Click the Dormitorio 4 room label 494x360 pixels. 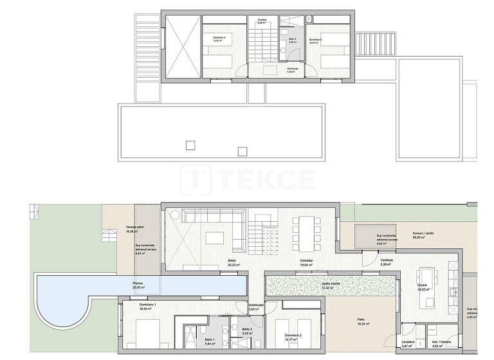(x=220, y=38)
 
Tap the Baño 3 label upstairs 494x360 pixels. (x=293, y=40)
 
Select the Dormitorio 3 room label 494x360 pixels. (x=315, y=40)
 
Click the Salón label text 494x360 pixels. (x=232, y=261)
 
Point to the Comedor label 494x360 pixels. (x=306, y=261)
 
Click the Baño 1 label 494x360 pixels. (x=210, y=339)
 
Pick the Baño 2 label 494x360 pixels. (x=246, y=328)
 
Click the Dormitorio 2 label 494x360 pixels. (x=293, y=336)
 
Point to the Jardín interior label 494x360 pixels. (x=331, y=283)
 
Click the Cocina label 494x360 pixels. (x=422, y=285)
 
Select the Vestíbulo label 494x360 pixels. (x=386, y=260)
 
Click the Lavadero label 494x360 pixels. (x=407, y=342)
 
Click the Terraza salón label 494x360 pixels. (x=134, y=228)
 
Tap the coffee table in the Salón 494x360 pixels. (x=215, y=238)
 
